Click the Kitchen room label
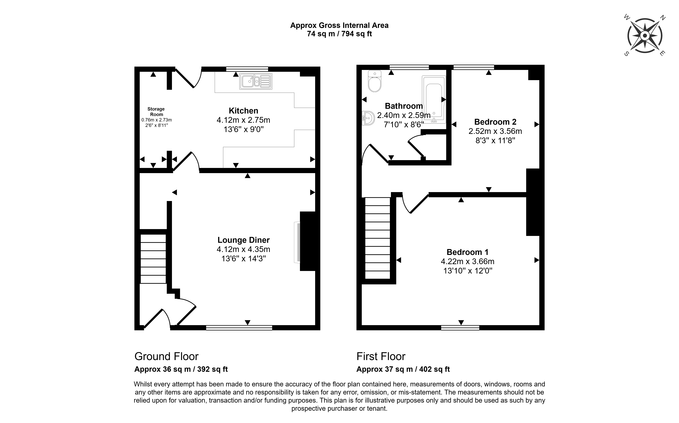pos(243,111)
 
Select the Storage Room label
pos(156,112)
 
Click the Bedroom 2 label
pos(495,122)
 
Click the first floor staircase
pos(378,238)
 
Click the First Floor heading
pos(381,356)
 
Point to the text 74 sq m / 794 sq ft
pos(339,34)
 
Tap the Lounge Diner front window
pos(239,328)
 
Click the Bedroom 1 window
pos(460,328)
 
